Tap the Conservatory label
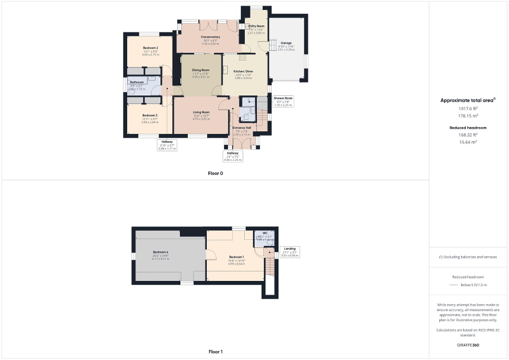point(211,37)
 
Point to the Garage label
point(286,43)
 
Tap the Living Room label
point(201,112)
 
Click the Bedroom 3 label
point(150,115)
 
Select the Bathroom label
point(137,82)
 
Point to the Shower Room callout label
point(283,98)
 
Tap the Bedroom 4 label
point(160,252)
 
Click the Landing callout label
point(290,249)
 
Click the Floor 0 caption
point(215,173)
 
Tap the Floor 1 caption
point(216,351)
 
